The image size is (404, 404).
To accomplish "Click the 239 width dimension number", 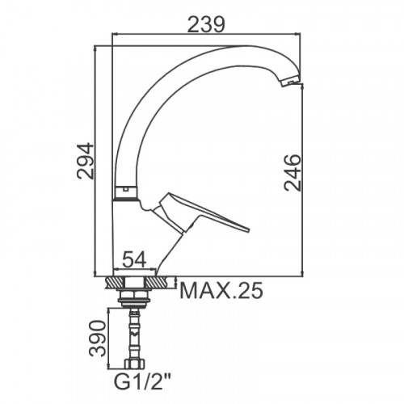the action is click(206, 25).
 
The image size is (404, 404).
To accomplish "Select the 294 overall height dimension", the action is click(86, 161).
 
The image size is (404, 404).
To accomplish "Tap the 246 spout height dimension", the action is click(292, 173).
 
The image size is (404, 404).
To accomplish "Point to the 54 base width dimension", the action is click(134, 259).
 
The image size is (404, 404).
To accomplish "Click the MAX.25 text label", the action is click(221, 291).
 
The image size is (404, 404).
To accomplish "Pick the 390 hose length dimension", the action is click(98, 339).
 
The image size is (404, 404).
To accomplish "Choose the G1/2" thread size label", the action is click(143, 381).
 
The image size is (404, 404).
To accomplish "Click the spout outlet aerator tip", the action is click(290, 81).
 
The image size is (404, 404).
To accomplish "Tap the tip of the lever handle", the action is click(248, 229).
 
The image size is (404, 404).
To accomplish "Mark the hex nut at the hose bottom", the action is click(134, 364).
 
